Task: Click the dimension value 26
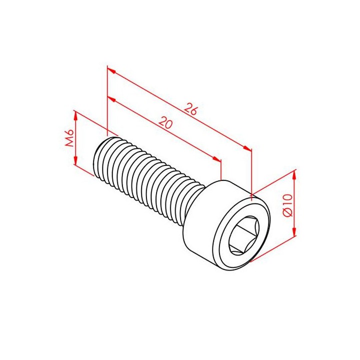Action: pyautogui.click(x=191, y=109)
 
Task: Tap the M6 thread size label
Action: pyautogui.click(x=69, y=138)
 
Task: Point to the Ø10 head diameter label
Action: pyautogui.click(x=287, y=205)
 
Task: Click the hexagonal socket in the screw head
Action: pyautogui.click(x=244, y=235)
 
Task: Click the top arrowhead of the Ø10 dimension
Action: pyautogui.click(x=294, y=176)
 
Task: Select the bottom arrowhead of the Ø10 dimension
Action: pyautogui.click(x=294, y=230)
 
